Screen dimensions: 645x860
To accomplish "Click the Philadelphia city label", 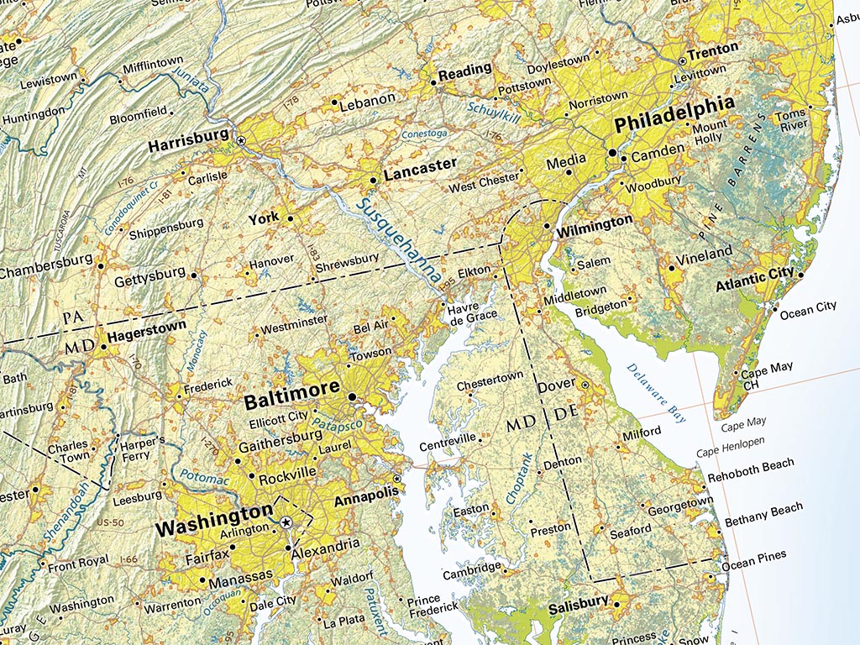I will (674, 125).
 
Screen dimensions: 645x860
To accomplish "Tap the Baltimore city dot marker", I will (353, 396).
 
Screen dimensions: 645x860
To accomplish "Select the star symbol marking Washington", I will (286, 522).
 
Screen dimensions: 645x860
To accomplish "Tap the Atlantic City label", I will (754, 276).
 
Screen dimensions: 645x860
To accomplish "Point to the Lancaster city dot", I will (374, 180).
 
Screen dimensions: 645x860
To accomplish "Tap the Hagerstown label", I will (147, 333).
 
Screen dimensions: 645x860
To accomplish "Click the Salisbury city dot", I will (617, 605).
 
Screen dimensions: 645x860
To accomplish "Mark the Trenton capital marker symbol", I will (681, 60).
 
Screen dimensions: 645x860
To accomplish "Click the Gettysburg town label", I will (149, 274).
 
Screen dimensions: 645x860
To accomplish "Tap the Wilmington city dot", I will (547, 226).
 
